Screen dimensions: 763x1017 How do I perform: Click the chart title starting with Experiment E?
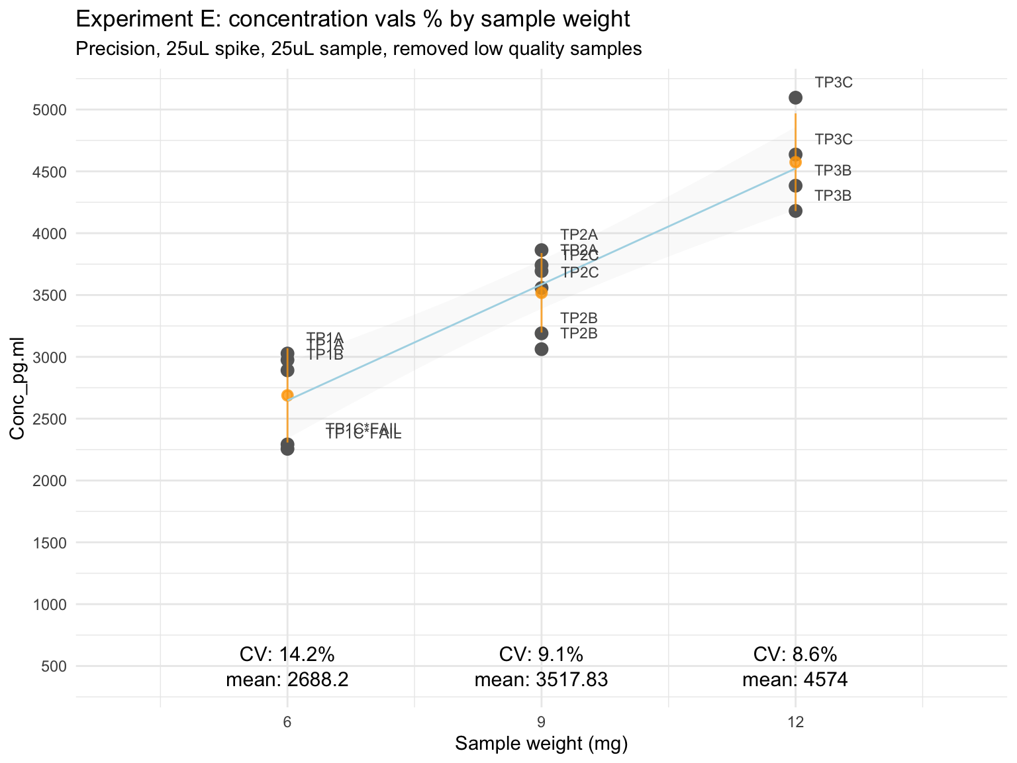[353, 19]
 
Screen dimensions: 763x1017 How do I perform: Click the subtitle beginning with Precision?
[359, 49]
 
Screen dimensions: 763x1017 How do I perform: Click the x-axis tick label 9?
[542, 722]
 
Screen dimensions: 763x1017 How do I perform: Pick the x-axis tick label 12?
[795, 722]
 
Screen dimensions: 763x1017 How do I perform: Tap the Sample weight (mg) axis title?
[542, 744]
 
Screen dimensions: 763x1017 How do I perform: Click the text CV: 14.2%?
[287, 654]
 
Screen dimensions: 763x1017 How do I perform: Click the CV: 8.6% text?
[795, 654]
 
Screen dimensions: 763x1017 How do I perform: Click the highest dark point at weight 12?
[796, 97]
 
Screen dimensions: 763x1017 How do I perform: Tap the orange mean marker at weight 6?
[287, 395]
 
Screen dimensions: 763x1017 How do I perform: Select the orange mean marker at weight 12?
[796, 162]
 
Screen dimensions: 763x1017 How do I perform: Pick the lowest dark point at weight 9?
[542, 349]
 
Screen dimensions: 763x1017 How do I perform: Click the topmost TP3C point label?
[834, 83]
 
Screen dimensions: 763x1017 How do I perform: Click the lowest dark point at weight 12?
[796, 211]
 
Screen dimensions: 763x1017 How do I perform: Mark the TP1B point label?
[325, 356]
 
